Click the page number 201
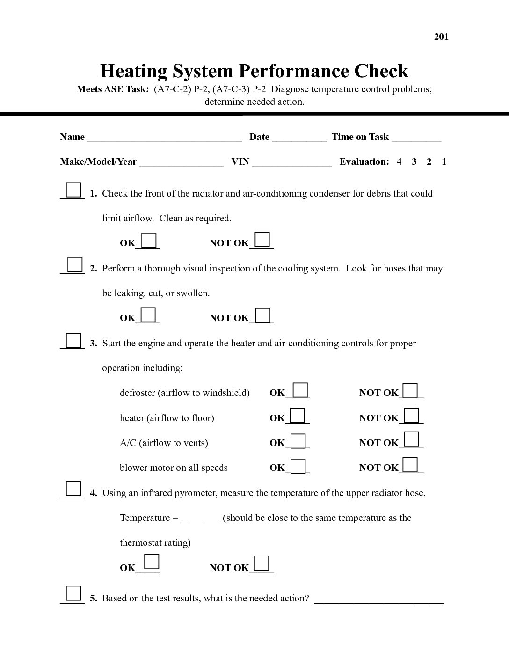(441, 37)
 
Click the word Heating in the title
(134, 71)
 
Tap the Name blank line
(164, 138)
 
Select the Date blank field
(299, 138)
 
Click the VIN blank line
(292, 163)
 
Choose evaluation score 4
(399, 162)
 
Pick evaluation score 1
(444, 162)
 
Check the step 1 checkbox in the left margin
(73, 190)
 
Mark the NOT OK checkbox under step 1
(262, 240)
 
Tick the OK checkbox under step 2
(148, 315)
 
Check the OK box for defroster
(300, 390)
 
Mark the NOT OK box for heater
(411, 415)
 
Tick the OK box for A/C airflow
(298, 441)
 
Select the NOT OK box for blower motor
(410, 465)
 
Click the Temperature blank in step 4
(200, 519)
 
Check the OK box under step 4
(152, 561)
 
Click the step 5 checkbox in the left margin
(73, 593)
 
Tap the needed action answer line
(378, 600)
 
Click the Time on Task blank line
(416, 138)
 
